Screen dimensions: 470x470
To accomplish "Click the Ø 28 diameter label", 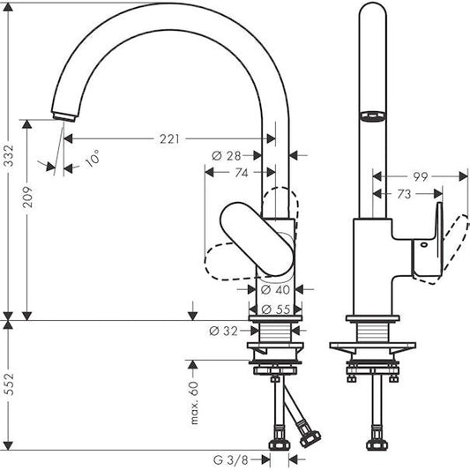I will point(226,156).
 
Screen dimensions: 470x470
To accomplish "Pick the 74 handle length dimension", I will point(241,174).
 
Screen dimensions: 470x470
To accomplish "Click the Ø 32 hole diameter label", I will point(226,331).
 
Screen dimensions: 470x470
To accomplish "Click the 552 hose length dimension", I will point(10,389).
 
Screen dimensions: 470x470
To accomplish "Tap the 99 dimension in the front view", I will point(421,177).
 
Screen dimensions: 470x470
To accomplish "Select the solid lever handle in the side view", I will point(257,237).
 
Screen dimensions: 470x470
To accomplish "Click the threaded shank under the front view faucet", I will point(371,335).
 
